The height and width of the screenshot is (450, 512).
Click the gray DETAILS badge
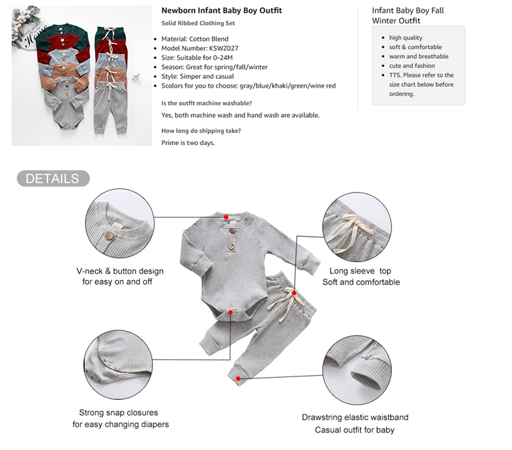(x=53, y=179)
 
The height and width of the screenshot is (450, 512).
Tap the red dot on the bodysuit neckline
(x=226, y=217)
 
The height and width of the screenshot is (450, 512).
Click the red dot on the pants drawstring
(x=294, y=294)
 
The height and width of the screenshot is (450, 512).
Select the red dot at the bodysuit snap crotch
(x=231, y=312)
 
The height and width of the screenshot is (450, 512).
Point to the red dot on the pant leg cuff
(x=239, y=378)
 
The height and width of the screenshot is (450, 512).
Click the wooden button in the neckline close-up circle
(x=109, y=236)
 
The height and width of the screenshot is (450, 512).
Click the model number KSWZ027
(x=224, y=48)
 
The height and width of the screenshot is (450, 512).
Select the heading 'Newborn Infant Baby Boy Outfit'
(x=222, y=11)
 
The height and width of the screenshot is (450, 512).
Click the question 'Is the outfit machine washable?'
(x=207, y=103)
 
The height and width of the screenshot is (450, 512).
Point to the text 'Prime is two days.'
(x=188, y=142)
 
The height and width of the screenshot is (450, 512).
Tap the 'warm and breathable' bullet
(x=418, y=56)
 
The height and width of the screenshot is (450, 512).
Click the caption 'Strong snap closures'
(x=118, y=413)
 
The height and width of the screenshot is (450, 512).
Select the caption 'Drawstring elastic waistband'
(x=356, y=417)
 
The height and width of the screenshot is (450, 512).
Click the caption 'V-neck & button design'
(x=120, y=271)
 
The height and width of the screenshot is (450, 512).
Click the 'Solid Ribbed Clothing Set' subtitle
(x=199, y=23)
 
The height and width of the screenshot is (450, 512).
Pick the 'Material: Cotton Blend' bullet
(x=195, y=39)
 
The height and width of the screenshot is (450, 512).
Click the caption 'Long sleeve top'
(x=360, y=271)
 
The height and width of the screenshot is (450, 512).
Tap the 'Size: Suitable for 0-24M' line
(x=197, y=58)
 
